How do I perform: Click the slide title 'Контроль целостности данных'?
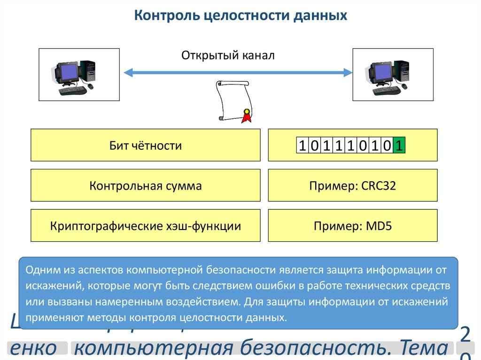tap(240, 16)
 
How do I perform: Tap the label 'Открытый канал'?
tap(228, 55)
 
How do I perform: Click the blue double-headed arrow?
tap(238, 72)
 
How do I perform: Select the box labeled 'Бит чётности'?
tap(146, 146)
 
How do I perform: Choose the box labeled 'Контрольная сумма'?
tap(146, 186)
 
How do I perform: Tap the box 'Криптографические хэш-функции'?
tap(146, 226)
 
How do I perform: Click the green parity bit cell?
tap(399, 146)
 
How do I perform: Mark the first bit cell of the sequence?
tap(302, 146)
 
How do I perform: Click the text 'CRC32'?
tap(379, 186)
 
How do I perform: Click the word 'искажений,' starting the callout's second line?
tap(49, 286)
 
